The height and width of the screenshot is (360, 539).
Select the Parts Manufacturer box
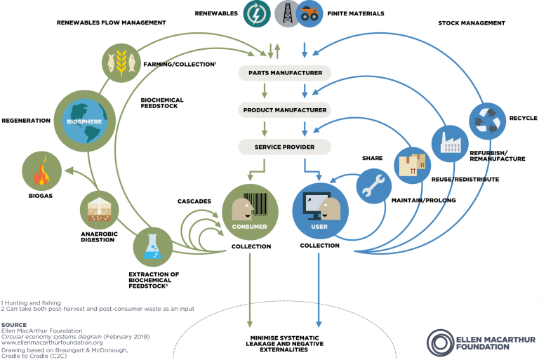[x=285, y=72]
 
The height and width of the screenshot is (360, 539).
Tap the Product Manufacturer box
[x=285, y=110]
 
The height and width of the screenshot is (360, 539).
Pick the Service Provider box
[x=285, y=147]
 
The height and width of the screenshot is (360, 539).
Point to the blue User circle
[x=319, y=208]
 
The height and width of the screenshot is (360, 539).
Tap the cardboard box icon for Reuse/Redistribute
[x=413, y=165]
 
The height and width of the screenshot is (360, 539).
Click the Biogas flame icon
[x=43, y=171]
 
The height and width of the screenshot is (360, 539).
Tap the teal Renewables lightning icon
[x=257, y=13]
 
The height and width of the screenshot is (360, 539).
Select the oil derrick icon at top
[x=284, y=13]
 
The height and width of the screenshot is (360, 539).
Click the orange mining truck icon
[x=309, y=13]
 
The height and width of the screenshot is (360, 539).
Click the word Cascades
[x=194, y=201]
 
